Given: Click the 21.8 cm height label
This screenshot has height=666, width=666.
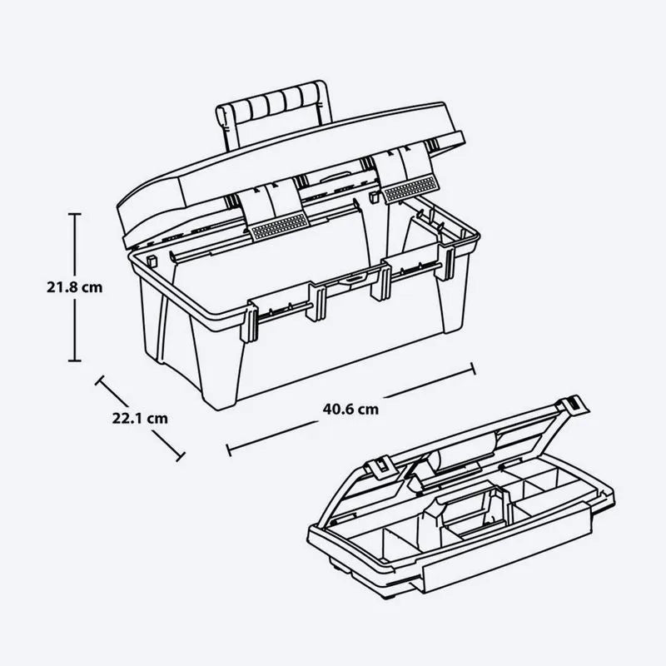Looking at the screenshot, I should (74, 287).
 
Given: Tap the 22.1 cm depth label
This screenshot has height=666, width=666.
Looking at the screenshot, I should (139, 419).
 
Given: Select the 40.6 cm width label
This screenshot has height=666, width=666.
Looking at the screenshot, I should (350, 408).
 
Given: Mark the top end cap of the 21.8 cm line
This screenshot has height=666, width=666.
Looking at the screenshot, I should (75, 215).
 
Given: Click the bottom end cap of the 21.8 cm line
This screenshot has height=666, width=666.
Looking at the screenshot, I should (75, 360).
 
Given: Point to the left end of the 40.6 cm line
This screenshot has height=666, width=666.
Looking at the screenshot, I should (229, 450).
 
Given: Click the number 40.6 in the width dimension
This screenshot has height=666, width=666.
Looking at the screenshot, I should (340, 408).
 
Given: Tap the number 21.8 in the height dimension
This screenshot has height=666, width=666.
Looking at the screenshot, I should (63, 287).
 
